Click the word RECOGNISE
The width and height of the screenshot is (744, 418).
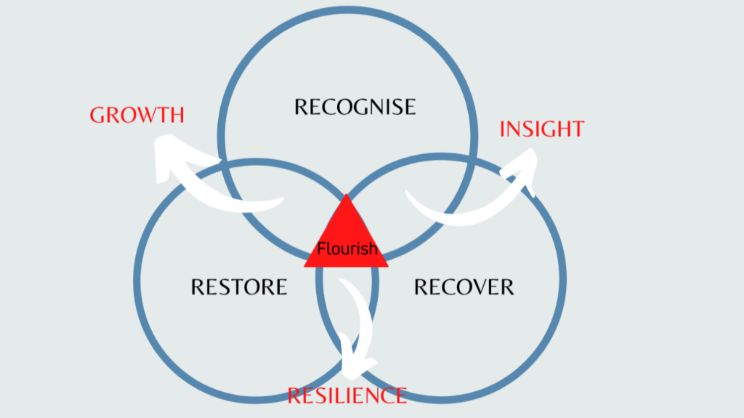coord(355,107)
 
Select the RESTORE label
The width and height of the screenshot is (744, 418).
coord(239,287)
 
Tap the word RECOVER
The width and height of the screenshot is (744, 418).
coord(464,287)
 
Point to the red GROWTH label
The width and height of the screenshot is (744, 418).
coord(137,115)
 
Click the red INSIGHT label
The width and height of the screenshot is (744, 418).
coord(542,129)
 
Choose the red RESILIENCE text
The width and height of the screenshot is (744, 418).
coord(347,395)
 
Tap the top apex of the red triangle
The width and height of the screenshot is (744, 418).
coord(346,194)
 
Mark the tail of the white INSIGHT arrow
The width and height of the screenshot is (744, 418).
coord(407,192)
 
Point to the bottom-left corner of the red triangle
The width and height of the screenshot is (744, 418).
coord(305,267)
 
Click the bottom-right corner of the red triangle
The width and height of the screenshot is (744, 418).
coord(388,267)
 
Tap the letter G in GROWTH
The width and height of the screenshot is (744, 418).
coord(98,115)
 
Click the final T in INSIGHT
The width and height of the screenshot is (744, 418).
coord(577,129)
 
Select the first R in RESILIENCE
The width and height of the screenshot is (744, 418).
coord(294,395)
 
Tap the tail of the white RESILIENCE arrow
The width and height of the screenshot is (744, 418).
coord(342,281)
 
